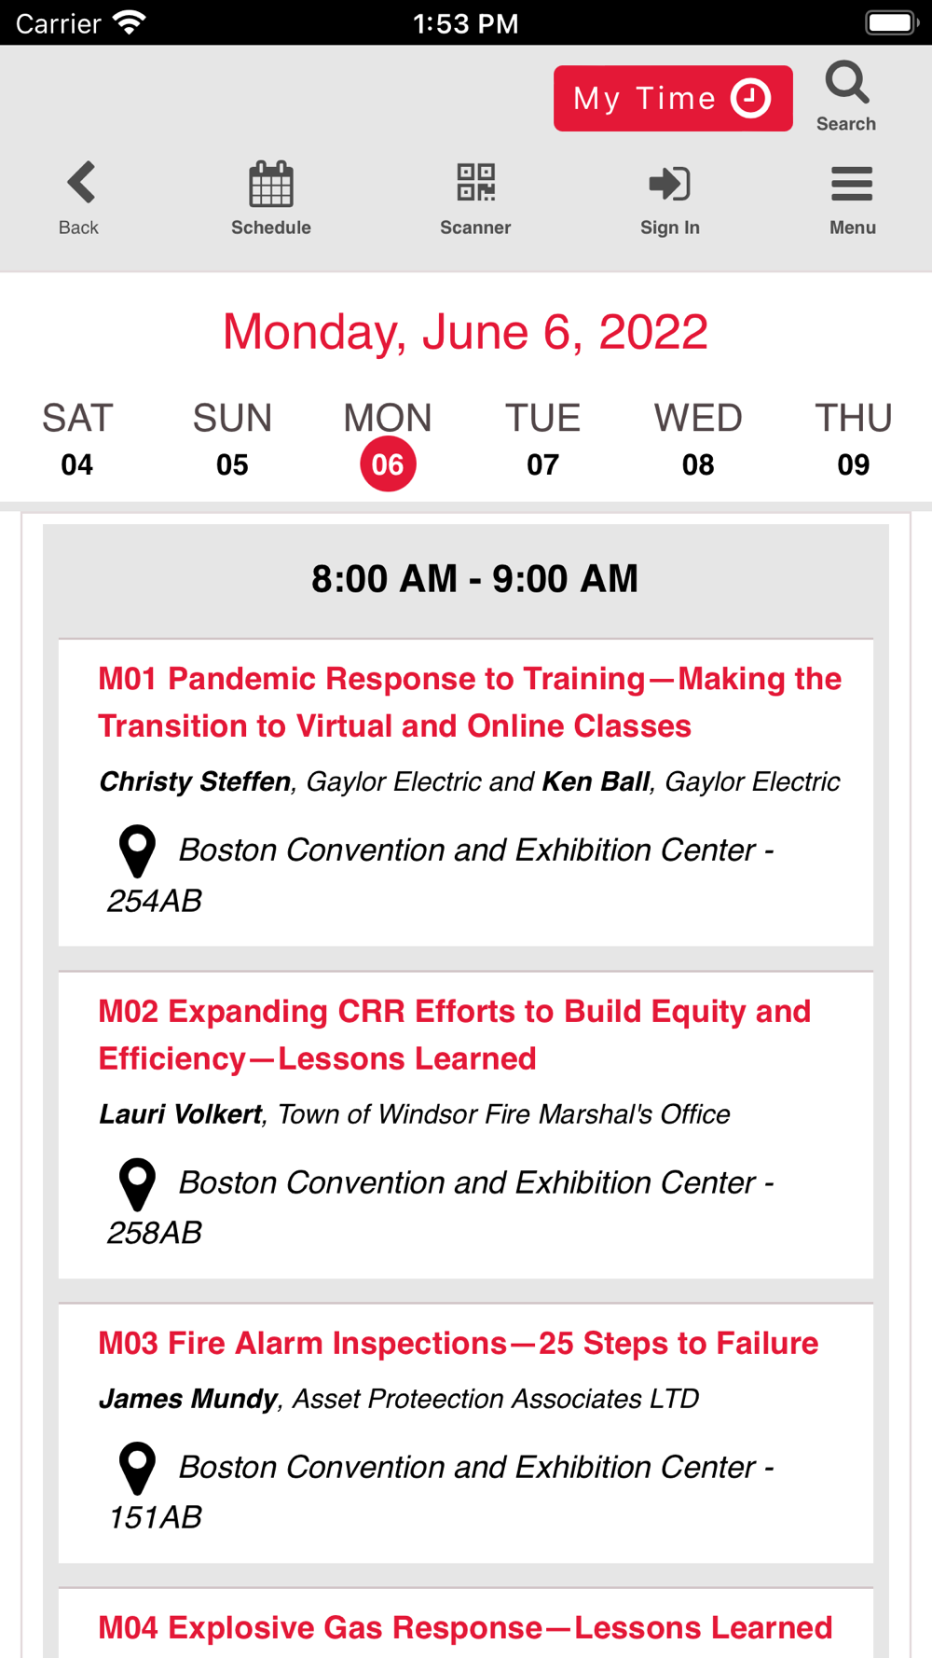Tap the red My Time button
point(673,98)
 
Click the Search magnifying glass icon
point(846,83)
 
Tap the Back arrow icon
point(81,182)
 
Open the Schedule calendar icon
point(271,183)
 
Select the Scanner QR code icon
point(475,183)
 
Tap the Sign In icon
point(669,183)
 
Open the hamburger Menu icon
point(852,184)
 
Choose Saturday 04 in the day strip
point(77,439)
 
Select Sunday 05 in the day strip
point(232,439)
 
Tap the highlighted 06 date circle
point(388,463)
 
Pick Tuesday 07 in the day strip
point(542,439)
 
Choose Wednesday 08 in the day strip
point(698,439)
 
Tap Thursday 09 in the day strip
point(854,439)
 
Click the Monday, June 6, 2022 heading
point(465,333)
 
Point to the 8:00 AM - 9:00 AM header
point(474,579)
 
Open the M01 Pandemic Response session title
point(470,702)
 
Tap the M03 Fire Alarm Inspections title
point(459,1343)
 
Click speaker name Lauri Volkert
point(181,1114)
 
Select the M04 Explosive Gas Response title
point(465,1627)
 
